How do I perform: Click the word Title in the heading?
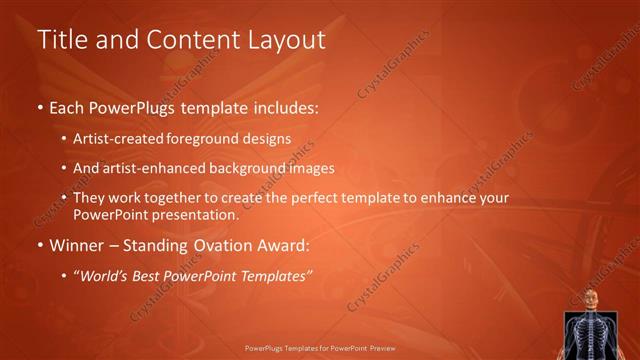[x=62, y=40]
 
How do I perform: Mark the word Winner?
[x=76, y=244]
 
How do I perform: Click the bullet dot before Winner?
[x=40, y=245]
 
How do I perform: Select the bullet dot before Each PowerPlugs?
[x=40, y=107]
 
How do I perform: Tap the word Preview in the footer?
[x=380, y=349]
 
